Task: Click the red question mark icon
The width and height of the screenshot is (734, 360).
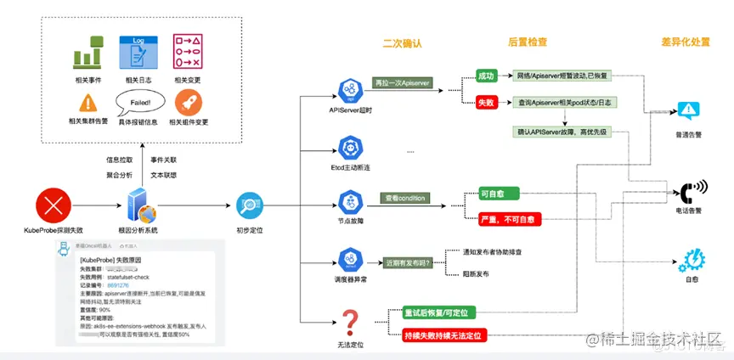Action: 351,323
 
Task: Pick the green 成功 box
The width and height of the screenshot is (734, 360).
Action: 486,76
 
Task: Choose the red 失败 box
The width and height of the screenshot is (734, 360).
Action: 486,103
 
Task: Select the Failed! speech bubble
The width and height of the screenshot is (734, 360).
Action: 139,104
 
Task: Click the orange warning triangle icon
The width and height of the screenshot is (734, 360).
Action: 88,103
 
